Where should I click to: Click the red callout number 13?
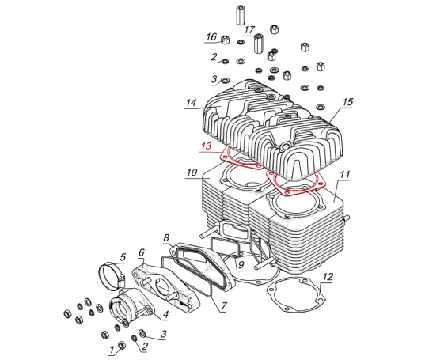coord(207,146)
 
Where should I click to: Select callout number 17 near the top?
coord(249,30)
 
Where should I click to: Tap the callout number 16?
coord(211,37)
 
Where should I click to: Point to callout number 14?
coord(191,103)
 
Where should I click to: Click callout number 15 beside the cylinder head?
coord(347,102)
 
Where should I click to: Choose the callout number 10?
coord(192,172)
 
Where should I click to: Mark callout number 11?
coord(344,175)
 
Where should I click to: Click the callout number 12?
coord(327,277)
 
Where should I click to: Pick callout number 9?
coord(241,265)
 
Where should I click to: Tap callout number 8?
coord(166,237)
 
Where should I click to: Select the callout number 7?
coord(224,305)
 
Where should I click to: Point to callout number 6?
coord(142,252)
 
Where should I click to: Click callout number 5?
coord(123,257)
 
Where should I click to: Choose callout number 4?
coord(165,314)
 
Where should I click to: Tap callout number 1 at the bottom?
coord(112,350)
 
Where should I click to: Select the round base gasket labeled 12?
coord(297,295)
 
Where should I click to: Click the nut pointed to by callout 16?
coord(225,40)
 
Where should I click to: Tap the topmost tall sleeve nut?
coord(241,15)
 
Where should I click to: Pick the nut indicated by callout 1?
coord(122,345)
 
